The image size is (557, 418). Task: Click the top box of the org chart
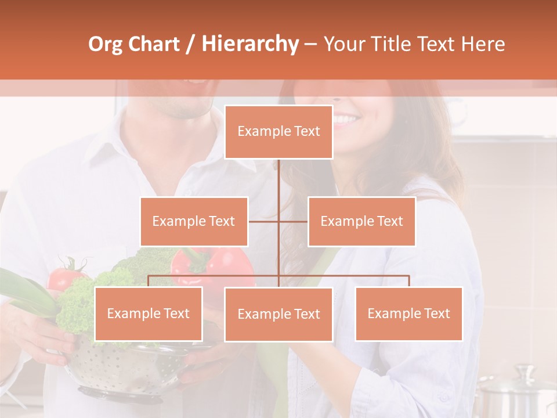278,132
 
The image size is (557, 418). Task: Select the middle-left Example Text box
194,221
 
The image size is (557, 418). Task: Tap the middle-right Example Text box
361,221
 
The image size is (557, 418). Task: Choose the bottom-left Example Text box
149,313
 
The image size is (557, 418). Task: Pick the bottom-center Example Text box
278,314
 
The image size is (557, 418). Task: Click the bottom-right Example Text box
408,313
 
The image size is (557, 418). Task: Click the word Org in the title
105,45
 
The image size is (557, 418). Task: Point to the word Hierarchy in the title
249,45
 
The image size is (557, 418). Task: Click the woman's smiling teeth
346,120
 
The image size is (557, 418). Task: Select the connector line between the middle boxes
278,221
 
